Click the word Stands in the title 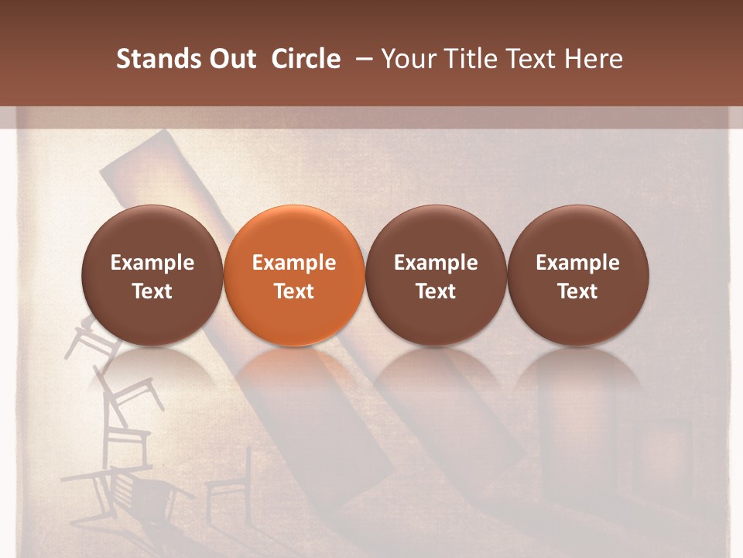coord(150,59)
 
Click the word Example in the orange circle coord(294,263)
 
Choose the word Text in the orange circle coord(294,291)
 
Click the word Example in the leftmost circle coord(152,263)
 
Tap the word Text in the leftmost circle coord(152,291)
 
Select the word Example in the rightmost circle coord(577,263)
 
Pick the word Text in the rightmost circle coord(577,291)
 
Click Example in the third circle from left coord(436,263)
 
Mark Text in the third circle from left coord(436,291)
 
